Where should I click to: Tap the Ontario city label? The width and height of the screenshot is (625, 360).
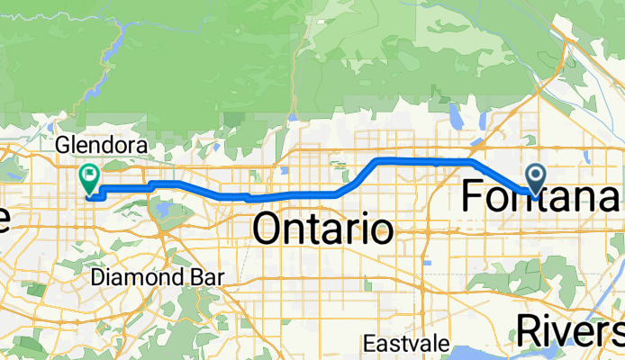pos(323,229)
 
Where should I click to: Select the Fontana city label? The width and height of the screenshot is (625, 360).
pos(540,195)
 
